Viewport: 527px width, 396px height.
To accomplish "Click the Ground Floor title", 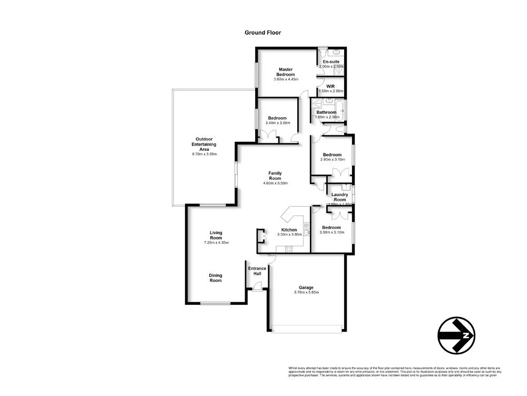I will point(262,33).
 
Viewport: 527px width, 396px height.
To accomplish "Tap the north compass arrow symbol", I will point(456,335).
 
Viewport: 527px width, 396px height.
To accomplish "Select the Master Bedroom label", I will point(286,72).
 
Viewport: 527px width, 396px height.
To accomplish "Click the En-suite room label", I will point(331,62).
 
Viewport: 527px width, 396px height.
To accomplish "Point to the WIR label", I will point(331,86).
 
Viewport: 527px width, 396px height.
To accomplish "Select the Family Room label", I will point(275,176).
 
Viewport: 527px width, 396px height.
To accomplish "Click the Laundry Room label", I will point(339,197).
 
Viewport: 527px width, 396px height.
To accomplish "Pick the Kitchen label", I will point(289,230).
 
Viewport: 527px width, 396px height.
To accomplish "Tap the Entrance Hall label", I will point(257,271).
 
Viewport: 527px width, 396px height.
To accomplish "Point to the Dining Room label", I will point(215,277).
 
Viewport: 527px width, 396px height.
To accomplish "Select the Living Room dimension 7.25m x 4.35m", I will point(216,243).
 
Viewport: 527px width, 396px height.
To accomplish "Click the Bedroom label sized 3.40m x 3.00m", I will point(277,118).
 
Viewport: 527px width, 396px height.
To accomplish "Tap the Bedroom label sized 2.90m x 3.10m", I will point(332,154).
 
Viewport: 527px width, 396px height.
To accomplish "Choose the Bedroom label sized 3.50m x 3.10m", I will point(331,227).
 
